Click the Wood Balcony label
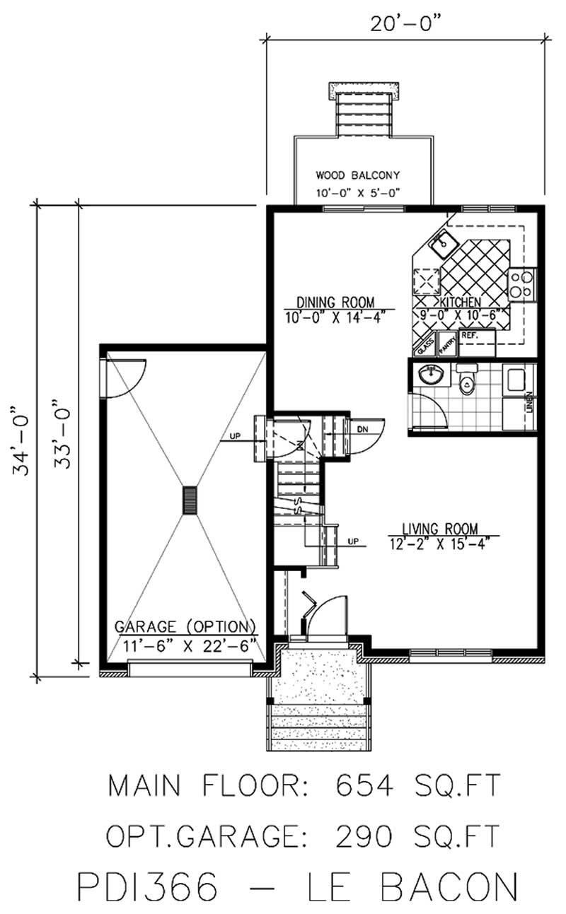(358, 175)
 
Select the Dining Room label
(335, 300)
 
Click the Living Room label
(440, 528)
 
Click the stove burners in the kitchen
(521, 283)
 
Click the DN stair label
(362, 429)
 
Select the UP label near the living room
(354, 542)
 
